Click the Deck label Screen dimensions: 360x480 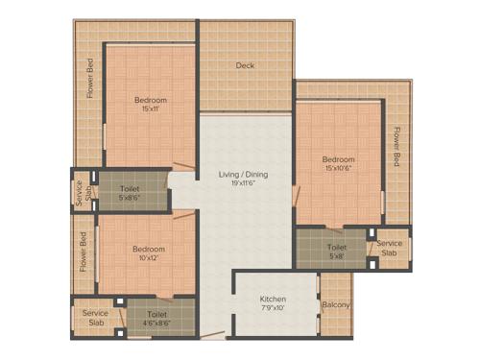pos(246,66)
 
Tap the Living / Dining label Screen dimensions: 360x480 pos(243,175)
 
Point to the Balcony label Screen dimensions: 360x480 pos(336,305)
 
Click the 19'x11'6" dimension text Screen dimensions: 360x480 pos(243,184)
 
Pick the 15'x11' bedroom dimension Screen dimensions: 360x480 pos(151,109)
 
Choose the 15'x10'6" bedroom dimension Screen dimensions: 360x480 pos(339,169)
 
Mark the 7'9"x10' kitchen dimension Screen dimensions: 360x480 pos(274,309)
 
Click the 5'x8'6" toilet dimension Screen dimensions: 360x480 pos(130,199)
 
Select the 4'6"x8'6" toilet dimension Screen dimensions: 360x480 pos(157,324)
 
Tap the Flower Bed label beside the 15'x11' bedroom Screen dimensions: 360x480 pos(90,79)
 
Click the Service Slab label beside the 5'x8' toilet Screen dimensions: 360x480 pos(389,249)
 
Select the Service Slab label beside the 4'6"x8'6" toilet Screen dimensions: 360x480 pos(95,318)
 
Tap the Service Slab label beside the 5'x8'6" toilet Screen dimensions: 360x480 pos(81,193)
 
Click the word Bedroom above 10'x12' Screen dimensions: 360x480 pos(149,250)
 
